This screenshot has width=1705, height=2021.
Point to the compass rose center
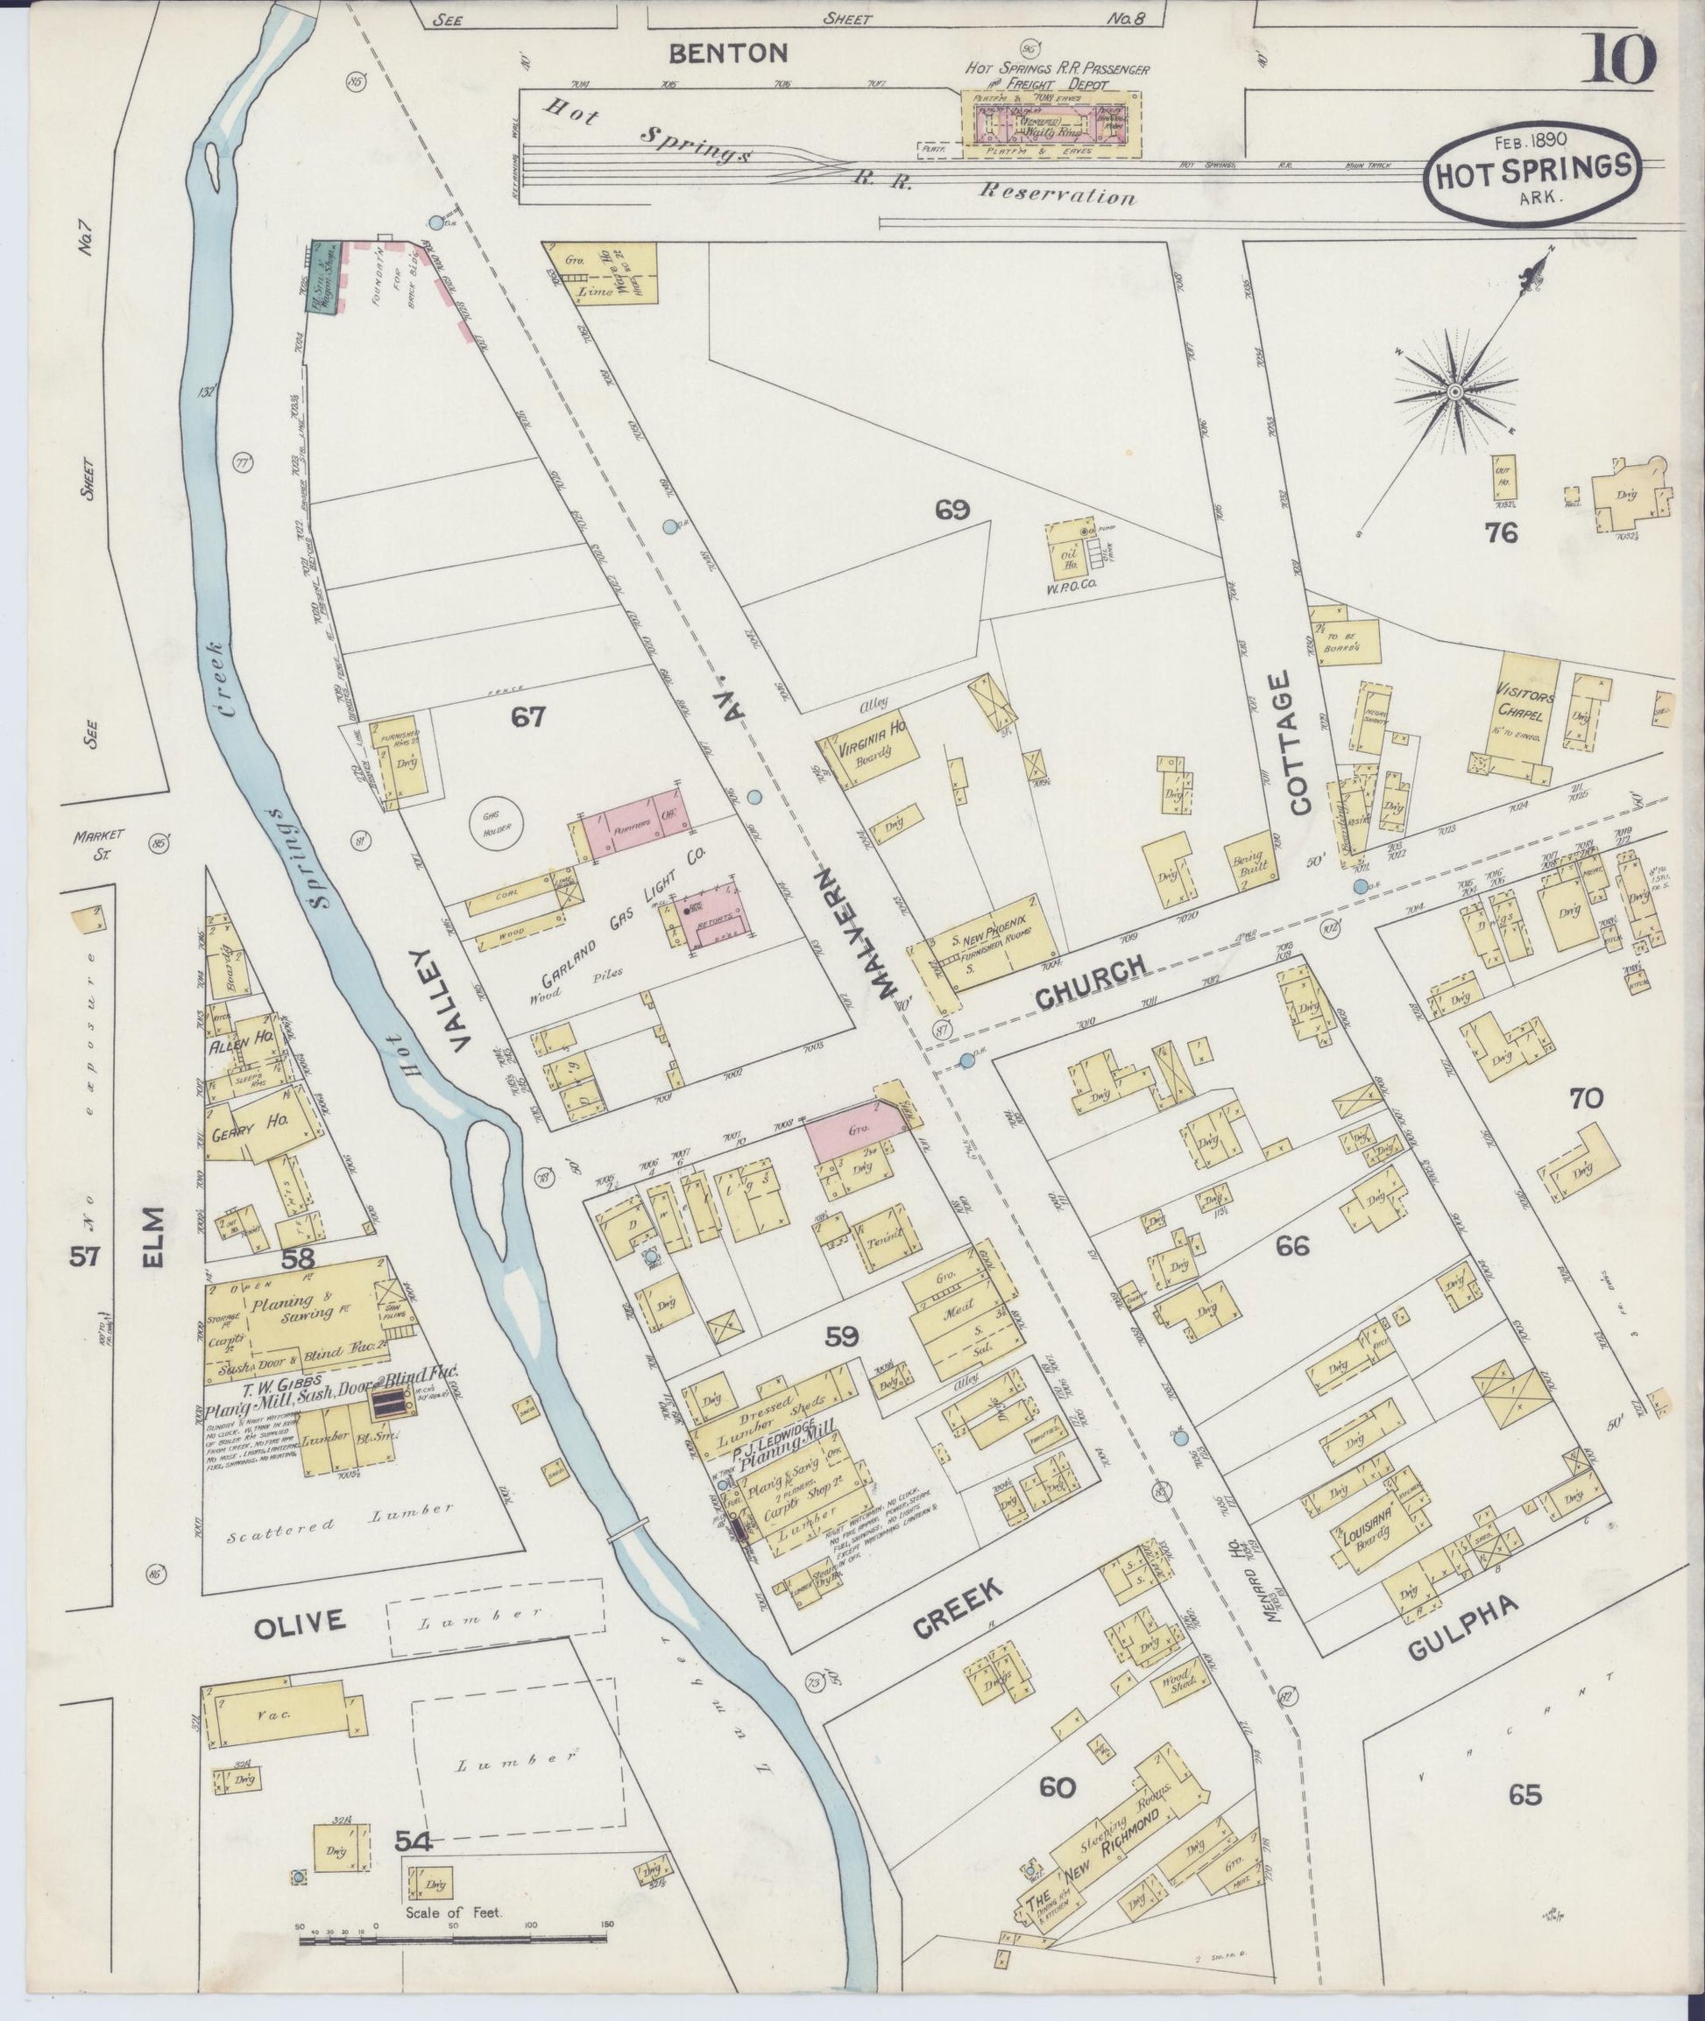click(x=1454, y=391)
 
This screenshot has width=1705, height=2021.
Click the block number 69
click(x=952, y=509)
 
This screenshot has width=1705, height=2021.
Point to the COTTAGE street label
click(x=1295, y=743)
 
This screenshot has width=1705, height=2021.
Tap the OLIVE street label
click(x=299, y=1622)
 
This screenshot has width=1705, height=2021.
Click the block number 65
click(x=1525, y=1796)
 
